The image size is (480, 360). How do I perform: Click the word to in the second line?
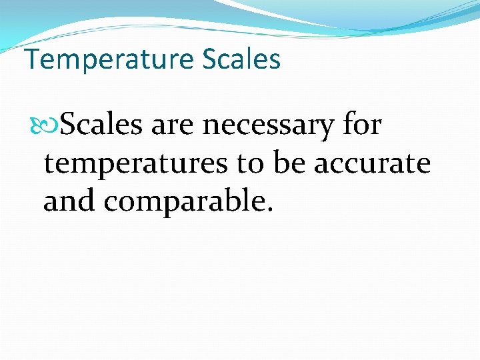[251, 164]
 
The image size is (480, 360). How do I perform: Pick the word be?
[290, 163]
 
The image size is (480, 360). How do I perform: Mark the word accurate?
[372, 164]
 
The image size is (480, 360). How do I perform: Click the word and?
[69, 201]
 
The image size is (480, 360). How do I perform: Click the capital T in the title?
[32, 59]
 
